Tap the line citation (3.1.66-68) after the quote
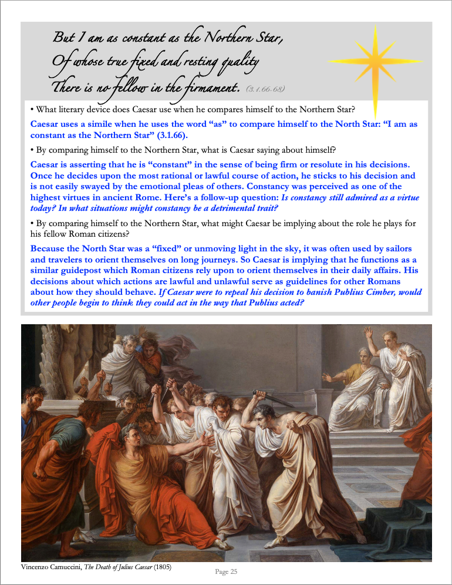(x=265, y=89)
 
